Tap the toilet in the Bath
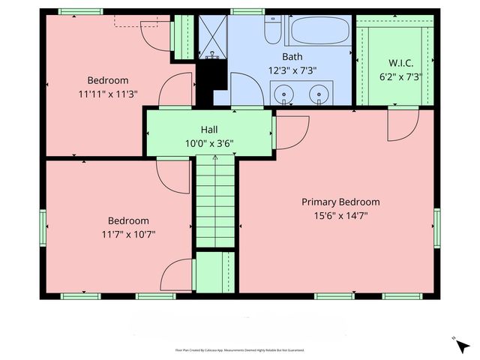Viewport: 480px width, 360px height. (273, 32)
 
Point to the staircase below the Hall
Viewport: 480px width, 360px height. (216, 202)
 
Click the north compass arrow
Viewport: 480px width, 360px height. (463, 346)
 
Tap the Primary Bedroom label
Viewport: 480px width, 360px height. (340, 202)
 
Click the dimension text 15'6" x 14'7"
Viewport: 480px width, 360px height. (340, 215)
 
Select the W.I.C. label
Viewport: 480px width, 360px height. (400, 63)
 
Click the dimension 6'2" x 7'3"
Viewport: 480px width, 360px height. (400, 76)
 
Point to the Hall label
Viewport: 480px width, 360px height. (208, 129)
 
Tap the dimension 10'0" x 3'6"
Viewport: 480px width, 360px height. (208, 142)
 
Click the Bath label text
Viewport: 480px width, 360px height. (292, 57)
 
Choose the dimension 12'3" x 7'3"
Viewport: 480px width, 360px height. (292, 70)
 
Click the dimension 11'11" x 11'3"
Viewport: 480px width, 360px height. (108, 94)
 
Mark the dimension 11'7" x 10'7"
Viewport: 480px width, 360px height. (128, 234)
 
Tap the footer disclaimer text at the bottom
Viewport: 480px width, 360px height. (239, 350)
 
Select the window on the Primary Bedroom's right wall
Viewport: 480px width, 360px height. (436, 228)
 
